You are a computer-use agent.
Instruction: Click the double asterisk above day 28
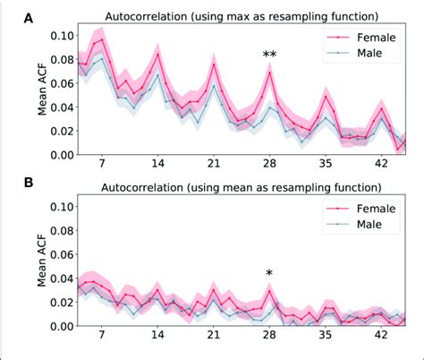tap(269, 56)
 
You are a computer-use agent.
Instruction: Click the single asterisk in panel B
tap(269, 273)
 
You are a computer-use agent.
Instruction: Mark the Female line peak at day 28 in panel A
tap(269, 73)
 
